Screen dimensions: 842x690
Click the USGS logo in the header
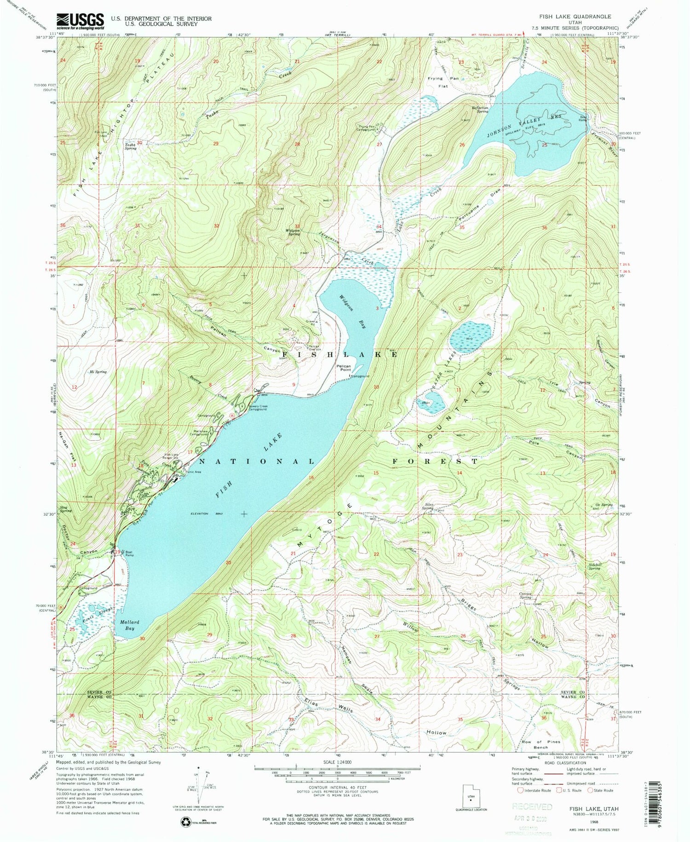click(x=80, y=21)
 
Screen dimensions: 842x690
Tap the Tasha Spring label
click(x=130, y=146)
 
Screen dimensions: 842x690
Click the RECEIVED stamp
click(x=532, y=806)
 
